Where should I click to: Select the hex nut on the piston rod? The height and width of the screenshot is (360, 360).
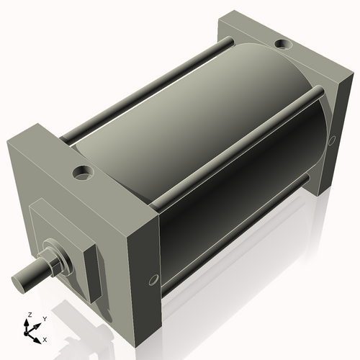(x=52, y=260)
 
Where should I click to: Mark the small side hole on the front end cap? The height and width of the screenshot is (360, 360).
(x=152, y=279)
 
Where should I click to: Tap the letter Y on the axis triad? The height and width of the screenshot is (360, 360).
(x=43, y=318)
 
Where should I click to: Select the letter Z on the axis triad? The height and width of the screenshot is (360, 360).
(x=30, y=315)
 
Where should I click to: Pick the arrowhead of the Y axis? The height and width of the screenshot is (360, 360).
(x=38, y=323)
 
